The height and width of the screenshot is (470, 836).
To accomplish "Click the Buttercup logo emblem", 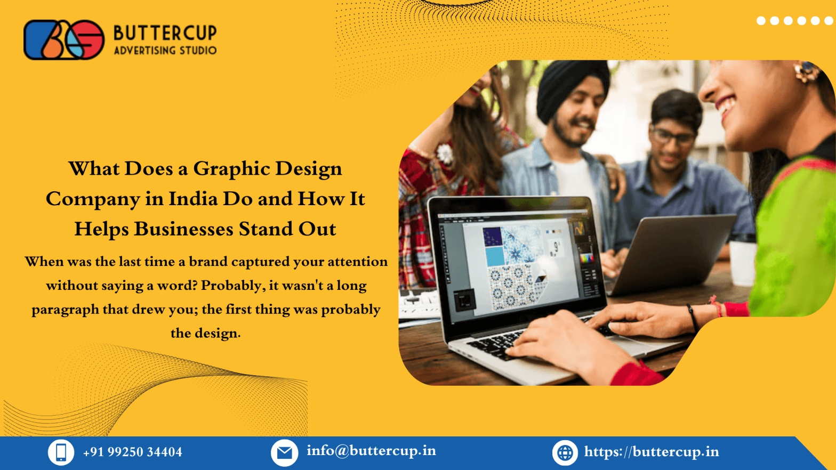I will [64, 40].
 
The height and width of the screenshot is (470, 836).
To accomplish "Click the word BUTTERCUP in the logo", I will [165, 33].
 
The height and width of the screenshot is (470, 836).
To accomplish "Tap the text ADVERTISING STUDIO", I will [165, 51].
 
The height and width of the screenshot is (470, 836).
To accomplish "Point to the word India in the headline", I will [193, 199].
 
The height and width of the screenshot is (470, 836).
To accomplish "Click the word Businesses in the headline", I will [183, 229].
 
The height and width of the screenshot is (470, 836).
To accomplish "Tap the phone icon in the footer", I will [61, 452].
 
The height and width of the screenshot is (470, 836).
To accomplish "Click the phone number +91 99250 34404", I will [132, 452].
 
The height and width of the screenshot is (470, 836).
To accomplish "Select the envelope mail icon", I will [284, 452].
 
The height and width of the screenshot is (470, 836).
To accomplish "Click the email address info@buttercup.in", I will [371, 451].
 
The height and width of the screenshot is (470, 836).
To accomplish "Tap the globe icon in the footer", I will [565, 452].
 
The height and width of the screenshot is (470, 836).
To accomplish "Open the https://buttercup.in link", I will [651, 452].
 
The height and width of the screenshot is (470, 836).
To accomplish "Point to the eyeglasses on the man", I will [672, 137].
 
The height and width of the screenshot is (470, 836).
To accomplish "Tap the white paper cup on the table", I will [743, 262].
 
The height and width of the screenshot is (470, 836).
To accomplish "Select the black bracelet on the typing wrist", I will [693, 317].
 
